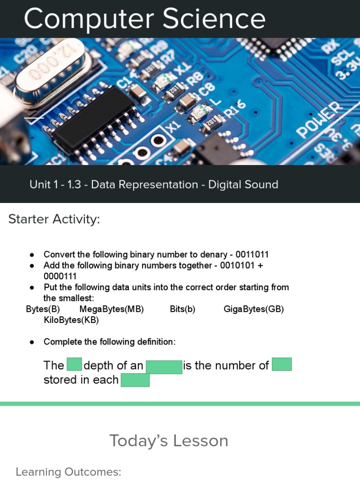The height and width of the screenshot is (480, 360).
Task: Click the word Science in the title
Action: [214, 19]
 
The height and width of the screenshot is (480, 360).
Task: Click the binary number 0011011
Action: [252, 255]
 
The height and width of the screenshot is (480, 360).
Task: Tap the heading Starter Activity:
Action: [54, 219]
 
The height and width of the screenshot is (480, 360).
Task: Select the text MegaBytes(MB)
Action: [112, 309]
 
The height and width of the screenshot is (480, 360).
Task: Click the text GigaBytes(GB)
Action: [254, 309]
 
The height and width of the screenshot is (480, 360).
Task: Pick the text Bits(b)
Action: [182, 309]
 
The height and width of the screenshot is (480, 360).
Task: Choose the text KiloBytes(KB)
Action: [71, 321]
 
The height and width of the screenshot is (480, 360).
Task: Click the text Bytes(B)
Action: [43, 309]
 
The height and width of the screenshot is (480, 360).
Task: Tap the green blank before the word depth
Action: [74, 365]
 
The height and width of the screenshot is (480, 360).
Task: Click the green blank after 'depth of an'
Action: [164, 367]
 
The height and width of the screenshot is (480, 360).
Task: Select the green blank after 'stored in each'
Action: [135, 380]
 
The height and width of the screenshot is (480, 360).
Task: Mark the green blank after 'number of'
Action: [282, 364]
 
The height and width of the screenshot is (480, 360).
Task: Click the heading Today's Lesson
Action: [169, 441]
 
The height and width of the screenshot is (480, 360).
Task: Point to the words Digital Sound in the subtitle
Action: [243, 184]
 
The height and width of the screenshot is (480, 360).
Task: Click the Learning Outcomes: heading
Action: [68, 472]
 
